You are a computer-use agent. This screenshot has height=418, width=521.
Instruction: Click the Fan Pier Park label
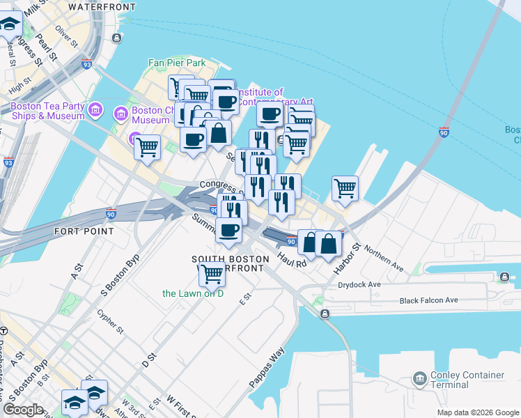tap(177, 63)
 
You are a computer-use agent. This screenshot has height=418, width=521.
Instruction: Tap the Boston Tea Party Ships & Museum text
tap(47, 111)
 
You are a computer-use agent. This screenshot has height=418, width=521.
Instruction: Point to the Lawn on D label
tap(193, 293)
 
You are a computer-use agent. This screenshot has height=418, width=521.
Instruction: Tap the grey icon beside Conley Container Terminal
tap(420, 379)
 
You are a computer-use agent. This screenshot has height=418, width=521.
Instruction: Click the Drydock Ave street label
tap(359, 284)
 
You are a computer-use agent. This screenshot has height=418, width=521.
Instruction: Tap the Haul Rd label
tap(292, 259)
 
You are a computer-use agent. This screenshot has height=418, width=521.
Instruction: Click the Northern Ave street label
tap(383, 257)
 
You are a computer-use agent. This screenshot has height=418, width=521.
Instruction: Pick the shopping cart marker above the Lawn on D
tap(211, 274)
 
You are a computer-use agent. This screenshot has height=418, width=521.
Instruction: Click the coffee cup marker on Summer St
tap(228, 231)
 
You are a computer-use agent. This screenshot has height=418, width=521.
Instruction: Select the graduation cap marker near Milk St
tap(10, 25)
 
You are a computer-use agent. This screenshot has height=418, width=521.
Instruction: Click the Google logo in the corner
tap(23, 410)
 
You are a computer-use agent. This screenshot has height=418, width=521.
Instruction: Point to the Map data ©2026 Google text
tap(477, 412)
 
